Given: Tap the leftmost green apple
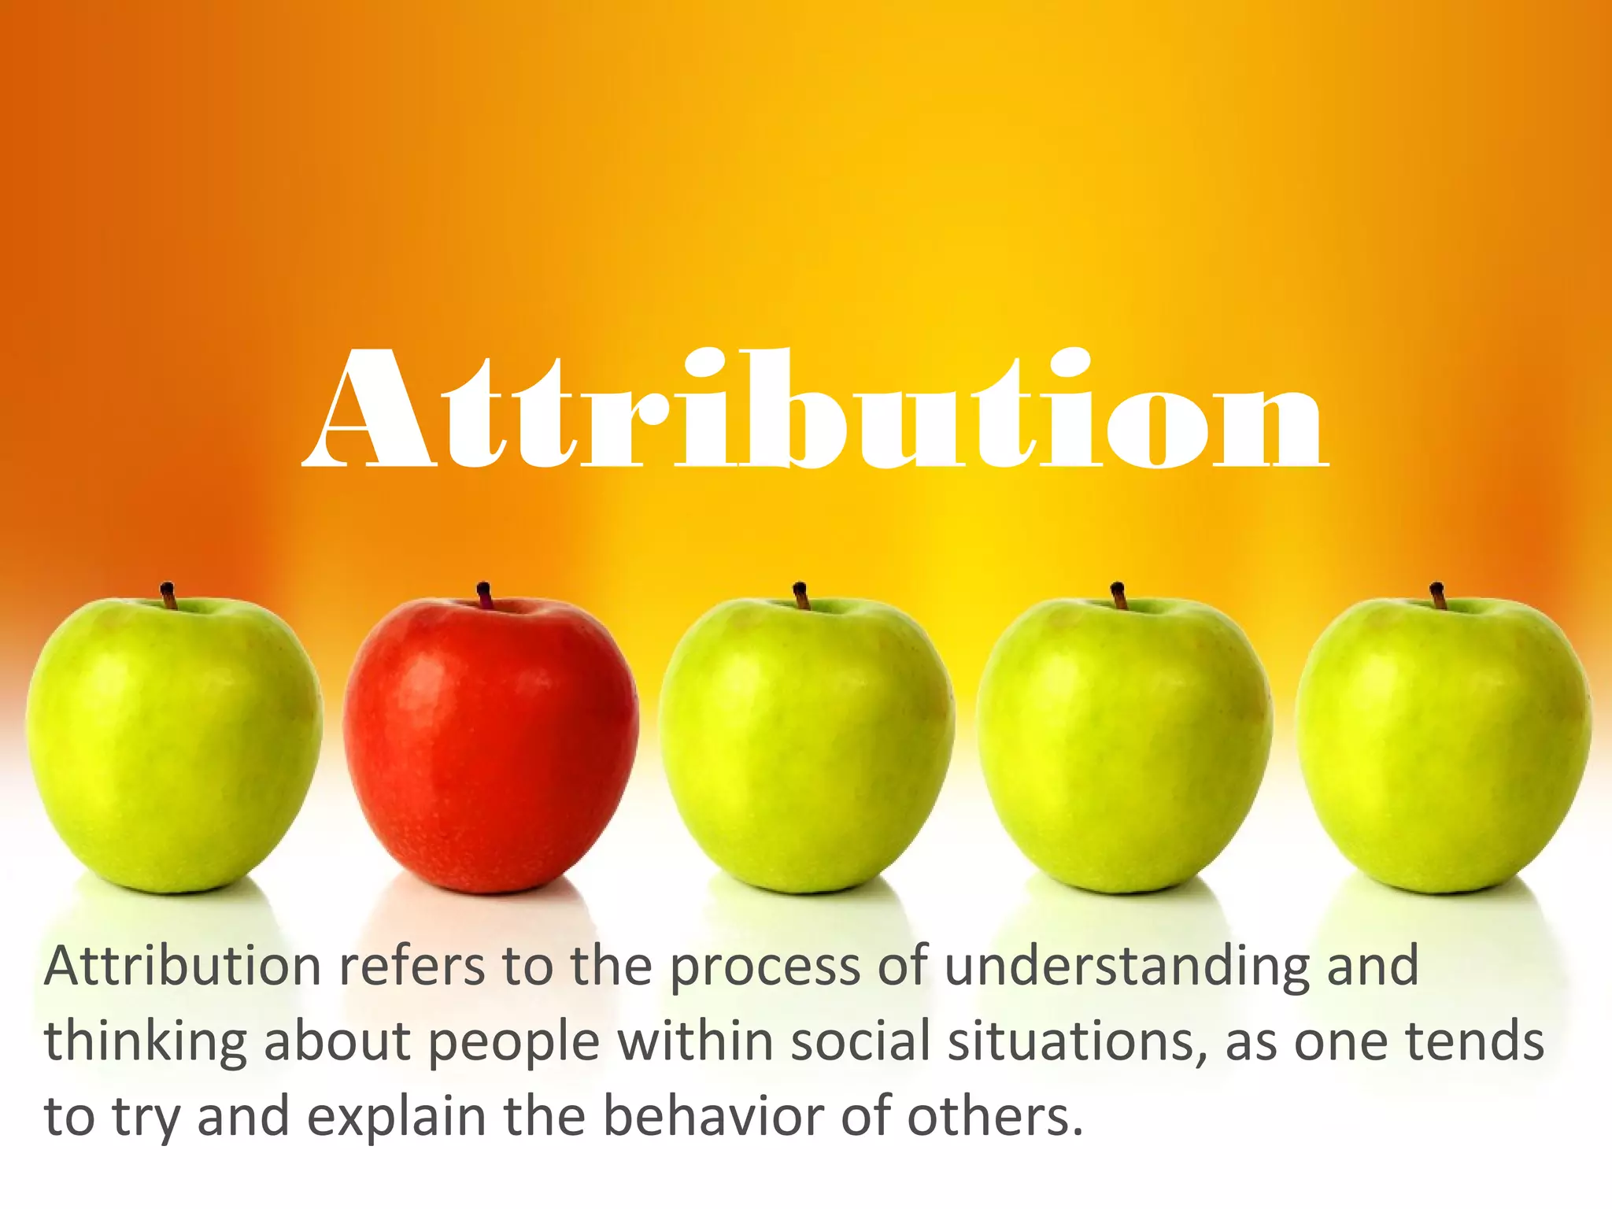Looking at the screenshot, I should [173, 744].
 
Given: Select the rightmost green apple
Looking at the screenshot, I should [1443, 744].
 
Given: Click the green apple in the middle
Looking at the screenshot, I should [807, 744].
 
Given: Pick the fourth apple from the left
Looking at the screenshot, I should [1124, 744].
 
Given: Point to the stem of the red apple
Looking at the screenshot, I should [484, 594].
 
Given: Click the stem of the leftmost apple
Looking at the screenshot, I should [168, 594].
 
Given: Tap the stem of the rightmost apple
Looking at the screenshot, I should [1437, 595].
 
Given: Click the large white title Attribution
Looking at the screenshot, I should [815, 409].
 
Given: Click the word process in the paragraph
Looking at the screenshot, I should [764, 967].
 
